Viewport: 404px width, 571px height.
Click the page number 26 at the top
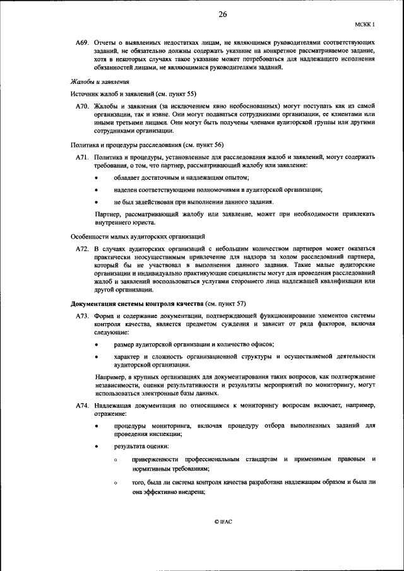click(222, 15)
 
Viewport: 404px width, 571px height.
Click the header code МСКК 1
click(365, 24)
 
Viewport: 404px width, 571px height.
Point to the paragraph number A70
click(82, 106)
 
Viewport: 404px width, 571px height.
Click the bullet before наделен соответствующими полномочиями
click(96, 190)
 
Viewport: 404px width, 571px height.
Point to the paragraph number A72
click(82, 249)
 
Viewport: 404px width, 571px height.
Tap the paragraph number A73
click(82, 316)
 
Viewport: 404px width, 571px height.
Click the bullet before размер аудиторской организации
click(96, 344)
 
